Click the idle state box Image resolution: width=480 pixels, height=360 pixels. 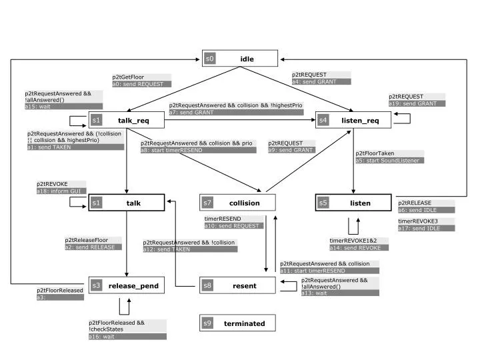click(x=239, y=59)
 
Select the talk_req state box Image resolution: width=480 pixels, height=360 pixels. click(x=127, y=120)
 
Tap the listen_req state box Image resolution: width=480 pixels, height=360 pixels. click(x=352, y=120)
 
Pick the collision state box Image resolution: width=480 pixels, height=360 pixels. click(x=237, y=203)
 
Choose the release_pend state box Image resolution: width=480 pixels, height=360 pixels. click(x=127, y=286)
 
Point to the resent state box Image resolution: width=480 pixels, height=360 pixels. click(x=237, y=286)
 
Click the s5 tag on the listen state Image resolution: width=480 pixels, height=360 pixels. click(x=323, y=203)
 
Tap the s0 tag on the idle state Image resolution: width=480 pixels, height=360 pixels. click(x=210, y=59)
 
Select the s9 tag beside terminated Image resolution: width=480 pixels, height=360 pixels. click(x=207, y=323)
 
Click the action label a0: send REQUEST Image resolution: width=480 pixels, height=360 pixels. click(x=141, y=84)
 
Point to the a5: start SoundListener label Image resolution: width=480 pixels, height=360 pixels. click(x=389, y=161)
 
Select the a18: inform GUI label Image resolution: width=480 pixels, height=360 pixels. click(x=62, y=191)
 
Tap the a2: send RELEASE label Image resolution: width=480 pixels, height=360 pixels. click(x=93, y=247)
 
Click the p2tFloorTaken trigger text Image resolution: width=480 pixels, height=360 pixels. click(x=375, y=153)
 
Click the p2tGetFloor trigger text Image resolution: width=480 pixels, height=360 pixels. click(x=128, y=77)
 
